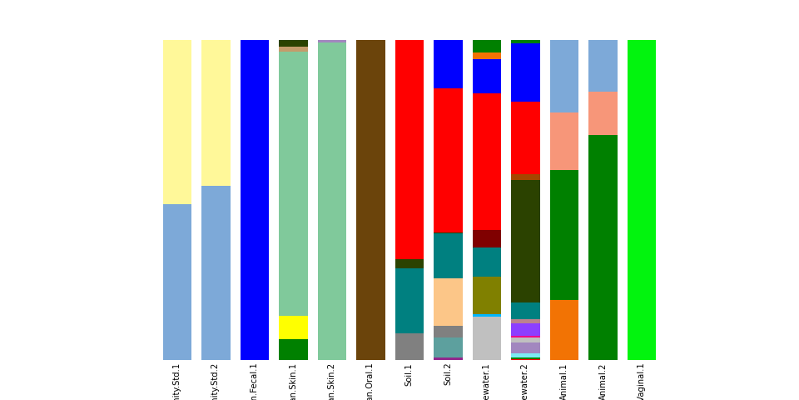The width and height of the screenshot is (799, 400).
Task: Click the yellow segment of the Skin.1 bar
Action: click(293, 327)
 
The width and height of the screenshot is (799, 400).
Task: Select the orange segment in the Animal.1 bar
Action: click(563, 329)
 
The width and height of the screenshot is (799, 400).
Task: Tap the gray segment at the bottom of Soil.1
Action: click(409, 347)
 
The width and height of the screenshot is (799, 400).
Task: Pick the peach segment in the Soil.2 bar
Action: click(448, 302)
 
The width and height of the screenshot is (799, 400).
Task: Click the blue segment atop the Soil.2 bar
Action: click(448, 63)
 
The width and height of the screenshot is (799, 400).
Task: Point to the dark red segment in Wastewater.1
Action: click(486, 238)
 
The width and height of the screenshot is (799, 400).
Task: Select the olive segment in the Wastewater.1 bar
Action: click(486, 295)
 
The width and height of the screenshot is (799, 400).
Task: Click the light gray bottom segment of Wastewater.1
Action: click(486, 338)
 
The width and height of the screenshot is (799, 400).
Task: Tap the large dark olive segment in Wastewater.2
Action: click(525, 241)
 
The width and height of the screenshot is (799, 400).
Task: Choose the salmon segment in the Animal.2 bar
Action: click(603, 113)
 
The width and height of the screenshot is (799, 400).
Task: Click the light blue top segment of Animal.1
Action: click(563, 76)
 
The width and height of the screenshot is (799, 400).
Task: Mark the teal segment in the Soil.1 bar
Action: click(409, 300)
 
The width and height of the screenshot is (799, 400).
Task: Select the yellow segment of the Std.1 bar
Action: click(177, 122)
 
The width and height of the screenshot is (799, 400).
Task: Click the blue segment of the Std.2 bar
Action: click(216, 272)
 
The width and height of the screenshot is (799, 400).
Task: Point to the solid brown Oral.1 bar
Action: click(370, 200)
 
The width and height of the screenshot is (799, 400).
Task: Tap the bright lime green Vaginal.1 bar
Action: click(641, 200)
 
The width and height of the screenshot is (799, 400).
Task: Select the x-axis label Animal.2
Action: click(603, 381)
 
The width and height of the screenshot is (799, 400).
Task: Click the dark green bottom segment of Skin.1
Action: click(293, 349)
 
